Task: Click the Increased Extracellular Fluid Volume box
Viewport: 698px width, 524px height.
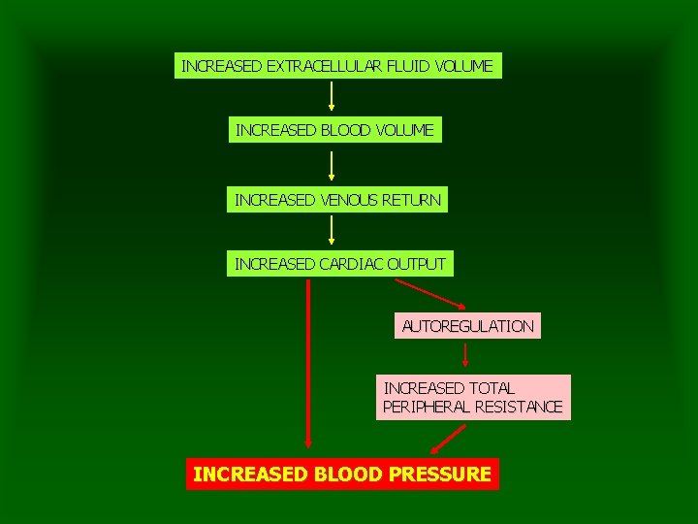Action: pyautogui.click(x=337, y=67)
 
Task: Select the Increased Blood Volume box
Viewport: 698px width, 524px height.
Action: pyautogui.click(x=334, y=129)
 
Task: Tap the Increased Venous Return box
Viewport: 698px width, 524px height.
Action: pyautogui.click(x=337, y=201)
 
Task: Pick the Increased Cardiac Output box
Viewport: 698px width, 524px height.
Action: pyautogui.click(x=339, y=263)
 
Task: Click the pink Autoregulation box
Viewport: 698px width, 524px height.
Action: pyautogui.click(x=467, y=326)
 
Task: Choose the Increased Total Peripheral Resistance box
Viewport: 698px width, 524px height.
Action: pyautogui.click(x=473, y=398)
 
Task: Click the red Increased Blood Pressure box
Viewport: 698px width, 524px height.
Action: pyautogui.click(x=342, y=475)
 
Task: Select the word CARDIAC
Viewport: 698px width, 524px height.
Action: pyautogui.click(x=350, y=263)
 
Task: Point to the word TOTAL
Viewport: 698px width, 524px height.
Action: pyautogui.click(x=491, y=388)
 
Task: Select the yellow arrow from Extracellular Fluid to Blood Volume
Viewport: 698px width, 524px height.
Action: pyautogui.click(x=332, y=96)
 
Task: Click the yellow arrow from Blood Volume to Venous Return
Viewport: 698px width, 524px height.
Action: pyautogui.click(x=332, y=166)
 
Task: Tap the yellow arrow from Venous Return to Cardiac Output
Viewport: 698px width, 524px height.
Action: pyautogui.click(x=332, y=230)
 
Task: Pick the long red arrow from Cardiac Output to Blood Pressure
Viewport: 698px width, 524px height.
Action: pyautogui.click(x=308, y=364)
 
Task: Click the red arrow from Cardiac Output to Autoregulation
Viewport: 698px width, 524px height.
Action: pyautogui.click(x=429, y=294)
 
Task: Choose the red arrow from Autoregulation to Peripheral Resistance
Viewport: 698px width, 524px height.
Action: pyautogui.click(x=466, y=356)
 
